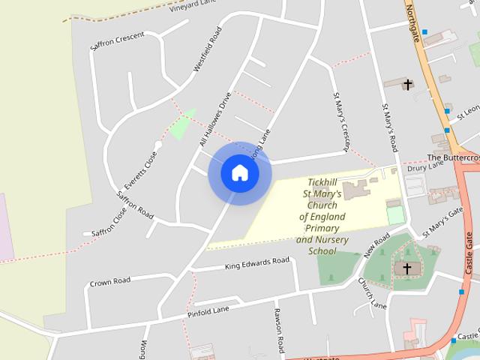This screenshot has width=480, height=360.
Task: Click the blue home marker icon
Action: click(x=239, y=172)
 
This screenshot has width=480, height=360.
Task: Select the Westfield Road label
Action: click(x=208, y=49)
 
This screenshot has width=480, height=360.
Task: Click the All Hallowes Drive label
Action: click(x=214, y=119)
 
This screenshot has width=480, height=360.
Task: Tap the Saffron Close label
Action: click(x=109, y=218)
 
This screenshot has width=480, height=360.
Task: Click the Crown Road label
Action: click(x=110, y=281)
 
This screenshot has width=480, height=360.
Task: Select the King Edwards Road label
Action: click(x=256, y=263)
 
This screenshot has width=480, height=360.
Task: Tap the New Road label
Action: click(x=376, y=245)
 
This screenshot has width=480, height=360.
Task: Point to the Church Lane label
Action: click(x=370, y=293)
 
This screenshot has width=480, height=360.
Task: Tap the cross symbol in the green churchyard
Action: click(x=407, y=268)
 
